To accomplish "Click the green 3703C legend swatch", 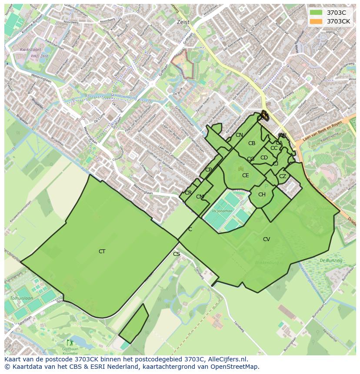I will click(x=316, y=13).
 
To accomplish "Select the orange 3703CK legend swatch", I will click(x=316, y=21).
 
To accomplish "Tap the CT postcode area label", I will click(x=102, y=252).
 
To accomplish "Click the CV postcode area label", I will click(x=267, y=239).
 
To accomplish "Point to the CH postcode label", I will click(x=262, y=195).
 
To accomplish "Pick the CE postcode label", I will click(x=246, y=175).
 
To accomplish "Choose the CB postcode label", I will click(x=252, y=143).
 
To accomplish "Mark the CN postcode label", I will click(x=239, y=135).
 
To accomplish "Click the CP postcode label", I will click(x=208, y=170).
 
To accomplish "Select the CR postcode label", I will click(x=188, y=193).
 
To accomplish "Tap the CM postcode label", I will click(x=200, y=197).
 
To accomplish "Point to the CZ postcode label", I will click(x=283, y=176).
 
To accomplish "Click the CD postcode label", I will click(x=264, y=158).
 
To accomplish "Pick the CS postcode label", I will click(x=177, y=254).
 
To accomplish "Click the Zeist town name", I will click(x=183, y=22).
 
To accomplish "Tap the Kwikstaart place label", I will click(x=30, y=50).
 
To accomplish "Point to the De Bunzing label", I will click(x=331, y=260).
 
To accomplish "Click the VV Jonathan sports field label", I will click(x=222, y=211).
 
